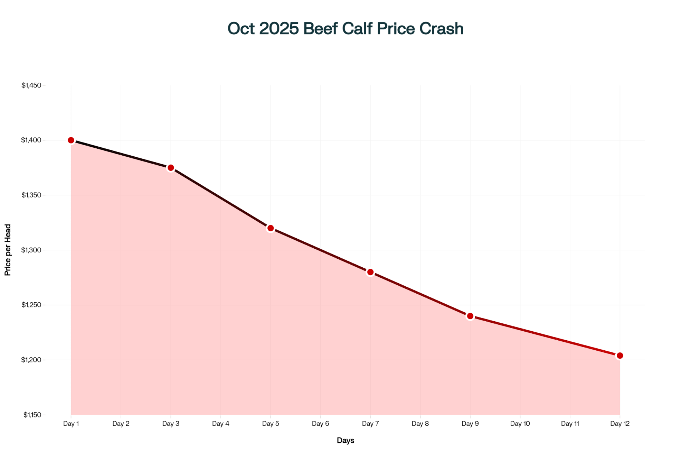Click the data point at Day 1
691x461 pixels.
(x=71, y=140)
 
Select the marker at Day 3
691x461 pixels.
(x=171, y=168)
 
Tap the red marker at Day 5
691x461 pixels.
(x=271, y=228)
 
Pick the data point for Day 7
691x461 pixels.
(x=370, y=272)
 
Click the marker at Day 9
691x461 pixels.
(x=470, y=316)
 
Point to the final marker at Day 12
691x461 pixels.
(x=620, y=356)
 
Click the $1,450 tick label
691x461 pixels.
(x=31, y=85)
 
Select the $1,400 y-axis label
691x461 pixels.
(x=31, y=140)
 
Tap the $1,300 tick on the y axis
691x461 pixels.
(x=31, y=250)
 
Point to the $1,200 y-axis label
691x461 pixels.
(x=31, y=360)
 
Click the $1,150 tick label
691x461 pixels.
(x=32, y=415)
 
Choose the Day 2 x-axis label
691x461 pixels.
(x=121, y=424)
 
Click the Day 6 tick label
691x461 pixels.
(x=321, y=424)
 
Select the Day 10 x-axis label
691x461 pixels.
(x=520, y=424)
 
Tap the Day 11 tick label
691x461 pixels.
(x=570, y=424)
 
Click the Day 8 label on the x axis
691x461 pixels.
(x=420, y=424)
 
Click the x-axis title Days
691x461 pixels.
(x=345, y=441)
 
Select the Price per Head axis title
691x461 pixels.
(x=8, y=250)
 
